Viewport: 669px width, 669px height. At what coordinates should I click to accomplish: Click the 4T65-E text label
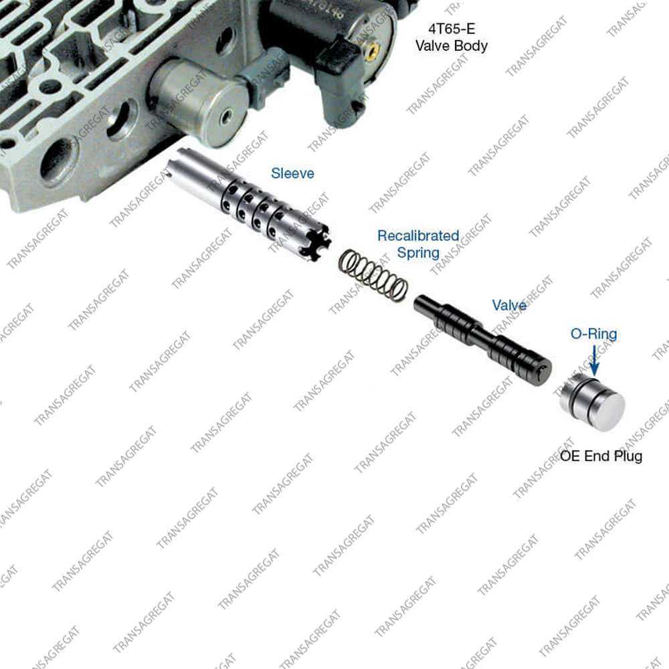(x=452, y=29)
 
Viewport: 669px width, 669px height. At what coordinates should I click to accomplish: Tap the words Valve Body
(x=452, y=45)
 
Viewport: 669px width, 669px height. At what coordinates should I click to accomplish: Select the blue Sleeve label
(x=293, y=173)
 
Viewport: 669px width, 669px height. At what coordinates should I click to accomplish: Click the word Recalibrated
(x=418, y=235)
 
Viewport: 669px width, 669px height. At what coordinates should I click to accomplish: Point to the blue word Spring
(x=418, y=253)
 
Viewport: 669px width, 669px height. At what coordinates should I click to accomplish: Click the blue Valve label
(x=509, y=305)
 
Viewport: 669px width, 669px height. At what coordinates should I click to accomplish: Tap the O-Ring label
(x=593, y=334)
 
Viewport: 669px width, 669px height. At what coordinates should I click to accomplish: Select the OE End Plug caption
(x=601, y=456)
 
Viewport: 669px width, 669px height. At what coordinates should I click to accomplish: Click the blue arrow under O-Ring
(x=594, y=361)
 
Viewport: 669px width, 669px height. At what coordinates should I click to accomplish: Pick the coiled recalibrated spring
(x=373, y=276)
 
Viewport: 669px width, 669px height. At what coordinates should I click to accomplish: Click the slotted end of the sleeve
(x=316, y=244)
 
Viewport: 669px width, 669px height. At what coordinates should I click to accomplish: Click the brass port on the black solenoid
(x=373, y=50)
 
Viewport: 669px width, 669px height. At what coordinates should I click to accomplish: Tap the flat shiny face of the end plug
(x=608, y=411)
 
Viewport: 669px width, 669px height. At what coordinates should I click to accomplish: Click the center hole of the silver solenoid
(x=226, y=116)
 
